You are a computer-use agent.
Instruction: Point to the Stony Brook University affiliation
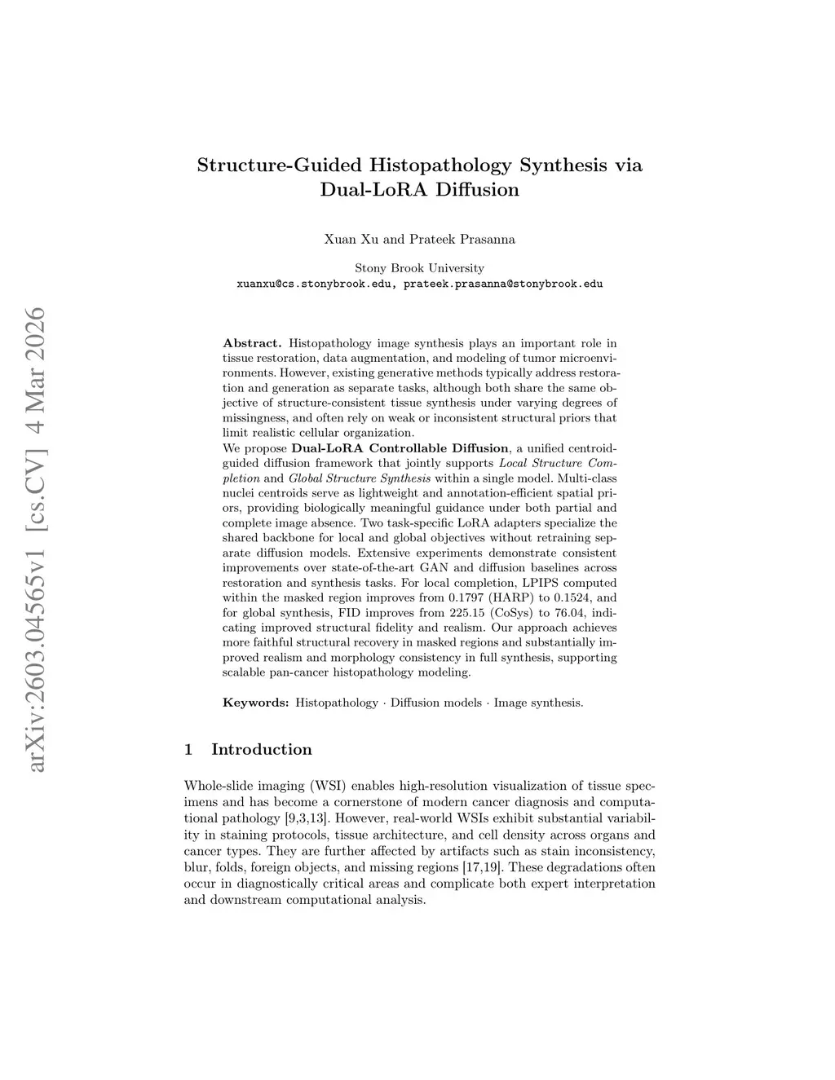pyautogui.click(x=419, y=268)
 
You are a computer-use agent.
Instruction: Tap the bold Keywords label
pyautogui.click(x=255, y=702)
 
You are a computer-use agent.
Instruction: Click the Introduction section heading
pyautogui.click(x=261, y=749)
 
